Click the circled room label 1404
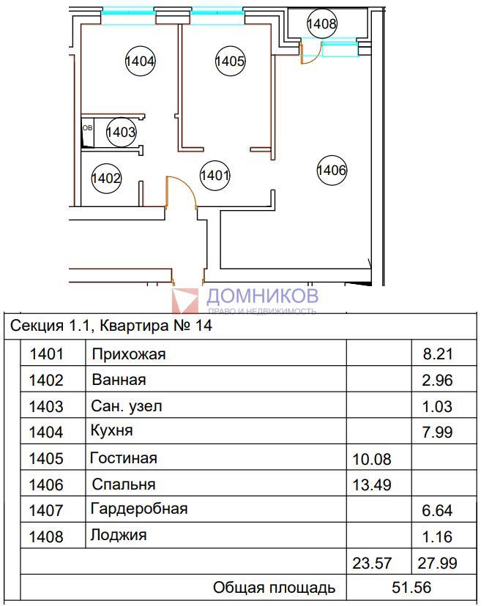click(141, 61)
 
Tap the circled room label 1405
click(231, 61)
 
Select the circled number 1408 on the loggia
click(321, 23)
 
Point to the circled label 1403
click(121, 132)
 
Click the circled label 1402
click(106, 178)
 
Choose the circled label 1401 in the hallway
click(215, 176)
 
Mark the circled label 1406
click(332, 170)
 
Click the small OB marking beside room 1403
click(88, 127)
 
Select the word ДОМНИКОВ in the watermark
click(262, 296)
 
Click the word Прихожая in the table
click(129, 354)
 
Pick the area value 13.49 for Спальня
click(372, 485)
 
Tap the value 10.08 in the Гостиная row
click(372, 459)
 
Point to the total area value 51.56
click(411, 588)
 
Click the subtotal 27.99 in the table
click(437, 563)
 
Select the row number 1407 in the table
click(46, 511)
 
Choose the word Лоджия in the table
click(119, 536)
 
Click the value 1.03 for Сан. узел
click(437, 407)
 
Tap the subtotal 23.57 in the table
click(372, 563)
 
